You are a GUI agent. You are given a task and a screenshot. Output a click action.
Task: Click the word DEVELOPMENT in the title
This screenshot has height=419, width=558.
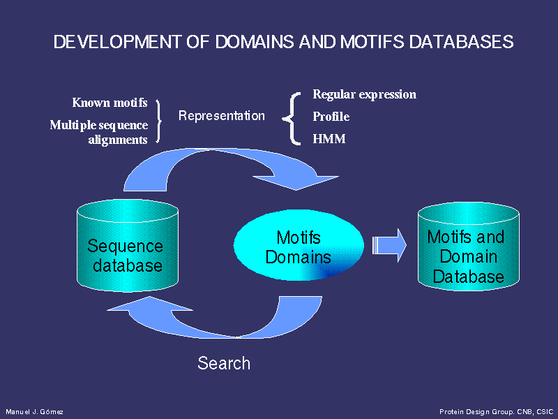click(117, 42)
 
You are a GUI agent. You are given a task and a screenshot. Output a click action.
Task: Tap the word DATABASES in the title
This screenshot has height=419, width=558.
click(461, 42)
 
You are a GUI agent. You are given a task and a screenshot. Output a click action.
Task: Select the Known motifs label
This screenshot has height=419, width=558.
click(110, 103)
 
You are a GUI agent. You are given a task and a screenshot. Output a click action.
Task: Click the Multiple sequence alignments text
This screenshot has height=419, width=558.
click(99, 132)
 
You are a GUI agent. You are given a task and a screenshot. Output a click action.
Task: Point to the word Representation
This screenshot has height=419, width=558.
click(221, 115)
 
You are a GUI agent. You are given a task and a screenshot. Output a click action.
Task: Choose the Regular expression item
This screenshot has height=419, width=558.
click(364, 94)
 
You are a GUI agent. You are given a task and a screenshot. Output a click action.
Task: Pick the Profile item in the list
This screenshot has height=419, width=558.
click(331, 117)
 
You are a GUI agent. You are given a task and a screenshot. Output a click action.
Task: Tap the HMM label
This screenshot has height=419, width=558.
click(329, 138)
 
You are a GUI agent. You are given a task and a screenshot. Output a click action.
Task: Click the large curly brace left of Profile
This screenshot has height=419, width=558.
click(292, 119)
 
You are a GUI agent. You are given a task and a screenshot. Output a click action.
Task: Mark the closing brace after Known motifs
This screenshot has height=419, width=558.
click(158, 122)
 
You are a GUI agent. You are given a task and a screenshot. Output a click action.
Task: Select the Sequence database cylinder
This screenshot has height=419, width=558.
click(128, 246)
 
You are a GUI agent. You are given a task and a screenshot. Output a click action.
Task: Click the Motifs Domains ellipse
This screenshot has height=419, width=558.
click(299, 245)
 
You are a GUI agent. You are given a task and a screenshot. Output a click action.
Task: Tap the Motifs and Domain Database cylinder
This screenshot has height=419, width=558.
click(468, 247)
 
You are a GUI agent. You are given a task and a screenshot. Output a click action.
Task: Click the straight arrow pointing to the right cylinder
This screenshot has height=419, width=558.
click(389, 246)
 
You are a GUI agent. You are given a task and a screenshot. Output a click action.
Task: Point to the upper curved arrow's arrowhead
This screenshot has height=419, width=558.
click(296, 183)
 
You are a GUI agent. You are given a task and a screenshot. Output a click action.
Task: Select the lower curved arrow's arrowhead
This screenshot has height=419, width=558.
click(149, 304)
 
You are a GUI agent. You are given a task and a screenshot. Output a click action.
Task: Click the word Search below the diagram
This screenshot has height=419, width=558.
click(224, 363)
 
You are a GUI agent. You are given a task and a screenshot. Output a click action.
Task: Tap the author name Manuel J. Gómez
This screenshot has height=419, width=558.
click(34, 412)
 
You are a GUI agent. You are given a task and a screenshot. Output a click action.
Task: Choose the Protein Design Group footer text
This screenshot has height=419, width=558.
click(497, 412)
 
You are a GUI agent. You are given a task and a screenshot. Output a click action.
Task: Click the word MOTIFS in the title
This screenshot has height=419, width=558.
click(372, 42)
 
